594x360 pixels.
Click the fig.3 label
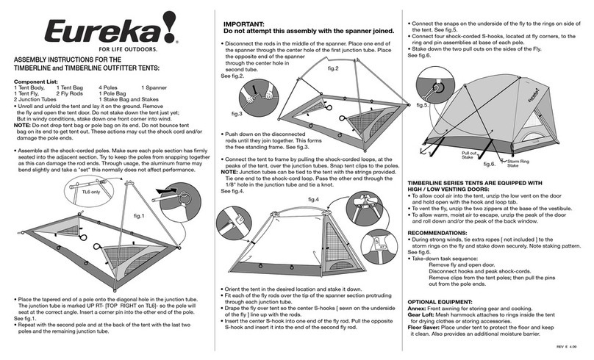(x=237, y=115)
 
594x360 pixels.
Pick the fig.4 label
(x=315, y=200)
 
